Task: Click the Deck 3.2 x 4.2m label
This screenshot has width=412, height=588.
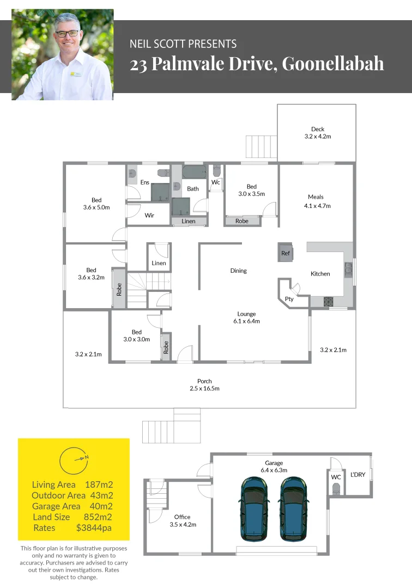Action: click(317, 133)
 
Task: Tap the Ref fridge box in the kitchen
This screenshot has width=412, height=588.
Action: click(286, 253)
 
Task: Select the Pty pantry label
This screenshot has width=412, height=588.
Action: click(289, 299)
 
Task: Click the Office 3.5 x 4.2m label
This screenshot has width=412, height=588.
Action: click(183, 520)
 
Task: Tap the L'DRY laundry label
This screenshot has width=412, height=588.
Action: click(358, 475)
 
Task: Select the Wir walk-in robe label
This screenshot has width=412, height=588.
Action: click(149, 216)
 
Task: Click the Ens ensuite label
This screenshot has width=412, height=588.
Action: click(145, 182)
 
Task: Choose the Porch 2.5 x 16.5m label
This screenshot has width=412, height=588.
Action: click(204, 385)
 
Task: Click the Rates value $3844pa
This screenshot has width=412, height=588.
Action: click(95, 528)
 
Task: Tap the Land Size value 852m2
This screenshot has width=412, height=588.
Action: click(98, 517)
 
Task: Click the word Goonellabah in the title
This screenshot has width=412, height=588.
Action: click(333, 64)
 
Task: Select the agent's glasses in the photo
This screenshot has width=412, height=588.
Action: click(67, 34)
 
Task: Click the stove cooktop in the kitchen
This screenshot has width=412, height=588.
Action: click(329, 301)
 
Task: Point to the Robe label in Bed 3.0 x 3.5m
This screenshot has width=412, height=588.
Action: click(242, 221)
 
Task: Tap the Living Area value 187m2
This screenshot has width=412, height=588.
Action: click(99, 485)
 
